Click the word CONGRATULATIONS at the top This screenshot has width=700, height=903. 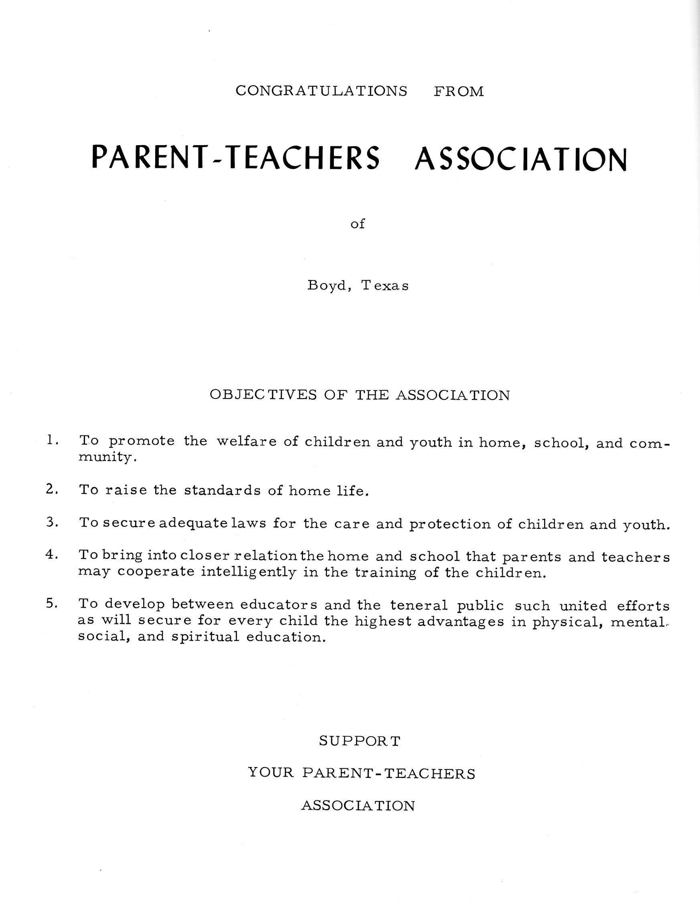click(321, 91)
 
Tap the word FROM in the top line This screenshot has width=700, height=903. click(459, 91)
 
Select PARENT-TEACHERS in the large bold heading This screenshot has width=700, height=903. click(235, 158)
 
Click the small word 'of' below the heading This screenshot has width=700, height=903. click(358, 224)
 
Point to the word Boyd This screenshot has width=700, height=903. click(329, 286)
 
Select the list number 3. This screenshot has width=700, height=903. click(52, 522)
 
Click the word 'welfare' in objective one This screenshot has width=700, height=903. click(247, 441)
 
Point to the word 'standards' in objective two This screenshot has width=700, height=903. click(223, 490)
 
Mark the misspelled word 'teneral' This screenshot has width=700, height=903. click(419, 606)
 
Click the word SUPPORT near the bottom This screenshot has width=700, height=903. click(360, 741)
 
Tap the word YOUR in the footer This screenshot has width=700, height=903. click(272, 773)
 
